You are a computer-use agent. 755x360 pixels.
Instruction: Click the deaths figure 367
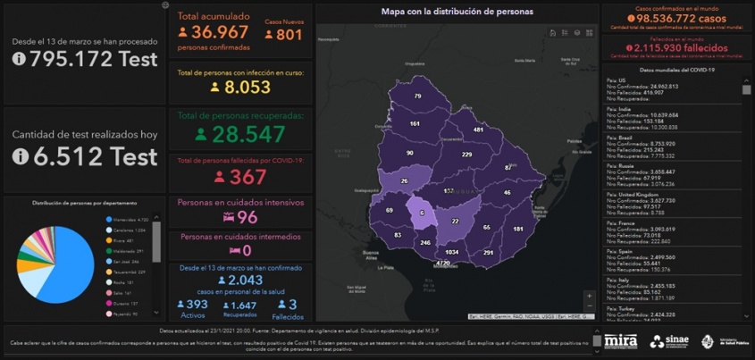point(247,177)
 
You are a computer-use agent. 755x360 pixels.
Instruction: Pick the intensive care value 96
point(247,217)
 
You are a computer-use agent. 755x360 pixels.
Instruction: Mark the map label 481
point(478,130)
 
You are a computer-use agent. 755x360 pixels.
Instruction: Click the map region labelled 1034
point(452,252)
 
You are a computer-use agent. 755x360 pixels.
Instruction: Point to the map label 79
point(417,96)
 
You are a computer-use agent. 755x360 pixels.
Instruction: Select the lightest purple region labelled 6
point(421,213)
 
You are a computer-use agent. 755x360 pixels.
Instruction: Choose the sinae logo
point(669,340)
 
